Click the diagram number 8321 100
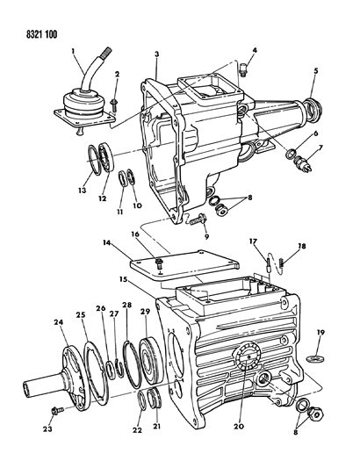(34, 17)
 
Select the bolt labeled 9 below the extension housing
(191, 221)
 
